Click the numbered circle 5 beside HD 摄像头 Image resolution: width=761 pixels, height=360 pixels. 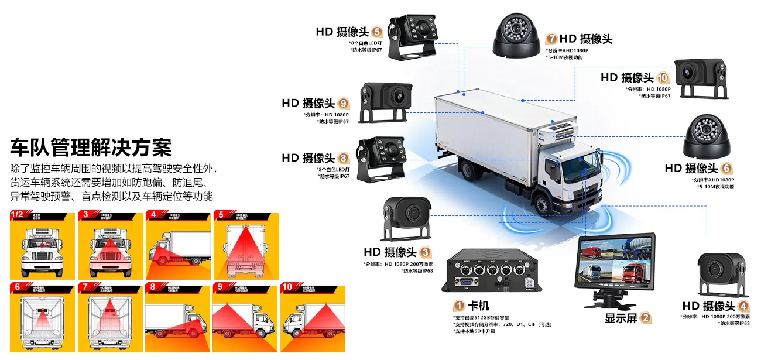377,32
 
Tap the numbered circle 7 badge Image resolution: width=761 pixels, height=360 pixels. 551,39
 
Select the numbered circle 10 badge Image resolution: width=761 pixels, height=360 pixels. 663,77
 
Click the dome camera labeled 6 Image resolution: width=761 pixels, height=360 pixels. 708,136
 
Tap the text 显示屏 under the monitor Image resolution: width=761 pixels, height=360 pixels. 621,318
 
